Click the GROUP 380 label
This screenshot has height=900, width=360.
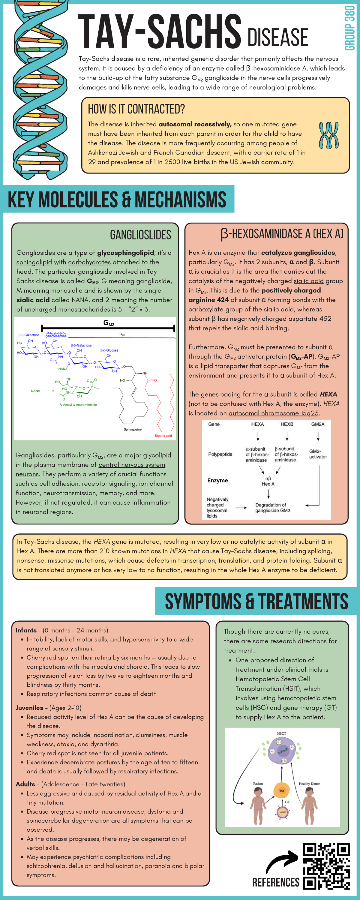[x=350, y=28]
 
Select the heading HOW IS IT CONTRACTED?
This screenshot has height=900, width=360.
[x=136, y=109]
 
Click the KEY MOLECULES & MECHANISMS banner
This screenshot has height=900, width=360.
[x=117, y=199]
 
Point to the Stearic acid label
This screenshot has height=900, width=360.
[x=163, y=436]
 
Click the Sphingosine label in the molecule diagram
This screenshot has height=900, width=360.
[x=133, y=429]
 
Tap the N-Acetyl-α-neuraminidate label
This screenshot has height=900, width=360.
[x=78, y=405]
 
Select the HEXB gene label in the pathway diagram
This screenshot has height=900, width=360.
[x=287, y=424]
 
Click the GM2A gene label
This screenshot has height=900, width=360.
[x=318, y=424]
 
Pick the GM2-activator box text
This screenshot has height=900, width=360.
[x=318, y=454]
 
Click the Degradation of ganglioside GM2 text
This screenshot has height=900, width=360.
[x=272, y=508]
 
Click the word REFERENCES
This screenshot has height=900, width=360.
[x=276, y=883]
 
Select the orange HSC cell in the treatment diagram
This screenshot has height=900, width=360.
[x=282, y=790]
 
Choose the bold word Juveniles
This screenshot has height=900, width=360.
[x=29, y=707]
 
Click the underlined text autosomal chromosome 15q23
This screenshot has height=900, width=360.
[x=273, y=413]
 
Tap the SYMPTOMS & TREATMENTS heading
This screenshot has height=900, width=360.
[x=256, y=601]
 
